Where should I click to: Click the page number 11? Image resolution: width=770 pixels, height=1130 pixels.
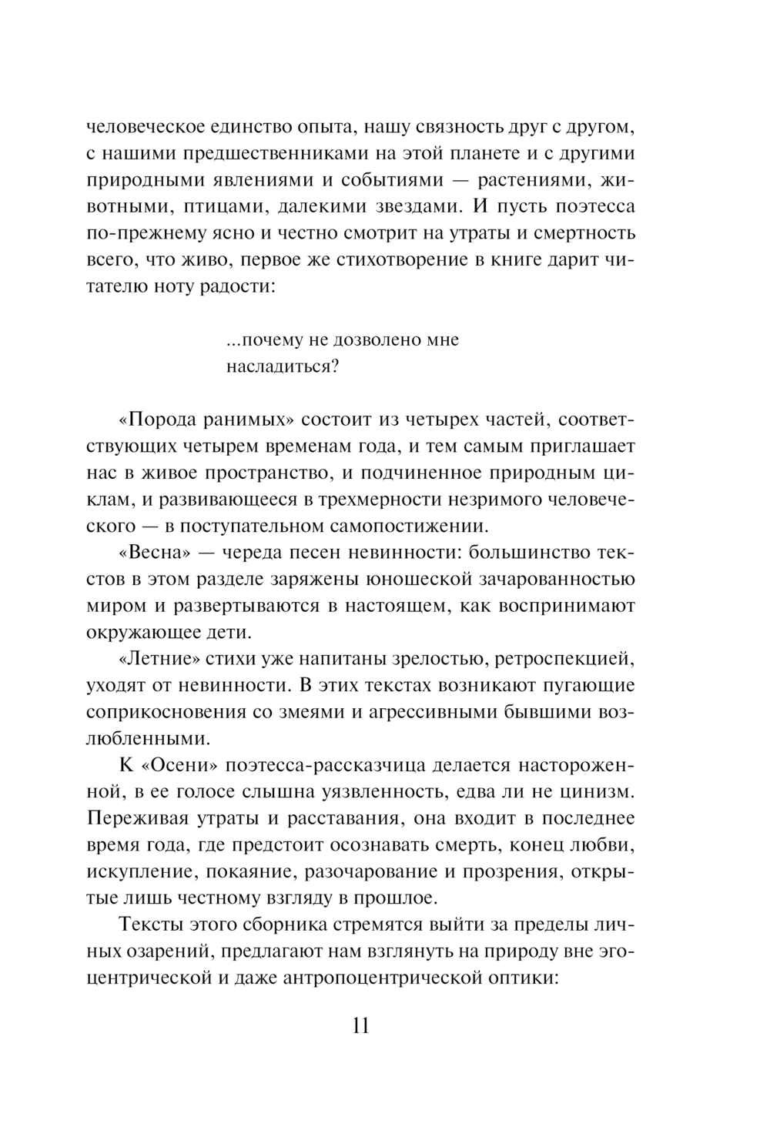pyautogui.click(x=360, y=1026)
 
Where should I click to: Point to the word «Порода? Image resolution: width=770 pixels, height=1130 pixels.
pyautogui.click(x=161, y=420)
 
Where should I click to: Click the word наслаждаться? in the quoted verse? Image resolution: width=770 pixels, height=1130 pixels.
pyautogui.click(x=283, y=366)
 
